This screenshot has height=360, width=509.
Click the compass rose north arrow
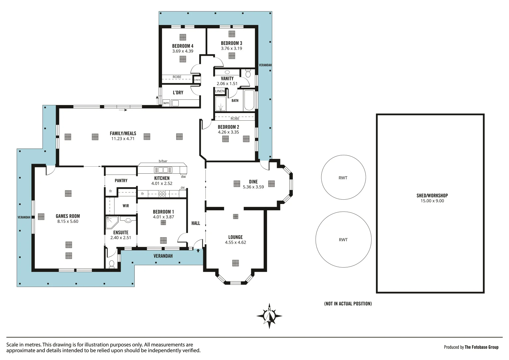click(269, 316)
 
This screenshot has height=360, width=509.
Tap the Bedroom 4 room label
click(183, 46)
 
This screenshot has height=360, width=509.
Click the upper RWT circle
click(343, 178)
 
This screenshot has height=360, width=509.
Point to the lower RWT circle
click(343, 239)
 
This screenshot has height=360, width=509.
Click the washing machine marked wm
click(166, 103)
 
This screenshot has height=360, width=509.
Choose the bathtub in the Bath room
click(249, 100)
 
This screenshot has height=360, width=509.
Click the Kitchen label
click(162, 178)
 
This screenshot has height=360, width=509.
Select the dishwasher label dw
click(183, 177)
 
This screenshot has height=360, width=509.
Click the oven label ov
click(183, 188)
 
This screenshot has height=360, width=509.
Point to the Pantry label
click(121, 181)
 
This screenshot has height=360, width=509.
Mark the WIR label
click(126, 206)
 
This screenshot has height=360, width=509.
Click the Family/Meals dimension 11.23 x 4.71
click(123, 139)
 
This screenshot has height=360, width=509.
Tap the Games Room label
click(68, 216)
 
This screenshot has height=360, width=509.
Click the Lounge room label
click(235, 237)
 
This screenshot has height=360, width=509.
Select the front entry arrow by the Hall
click(198, 250)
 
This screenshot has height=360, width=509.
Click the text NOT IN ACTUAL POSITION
click(348, 304)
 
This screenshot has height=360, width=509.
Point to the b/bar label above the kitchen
click(163, 161)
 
